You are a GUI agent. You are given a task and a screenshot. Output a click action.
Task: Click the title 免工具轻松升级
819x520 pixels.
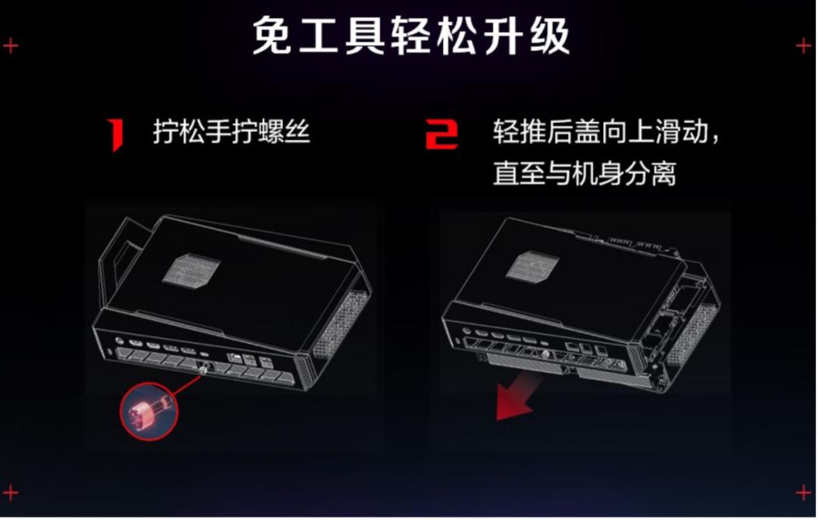tap(410, 36)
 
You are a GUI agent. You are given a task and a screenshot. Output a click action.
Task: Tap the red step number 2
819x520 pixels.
tap(441, 134)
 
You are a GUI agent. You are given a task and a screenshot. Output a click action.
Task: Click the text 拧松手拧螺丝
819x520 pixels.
tap(231, 131)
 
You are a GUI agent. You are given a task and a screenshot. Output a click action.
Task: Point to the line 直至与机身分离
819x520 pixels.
tap(585, 173)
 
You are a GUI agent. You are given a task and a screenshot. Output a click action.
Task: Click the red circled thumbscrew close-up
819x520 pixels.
tap(149, 411)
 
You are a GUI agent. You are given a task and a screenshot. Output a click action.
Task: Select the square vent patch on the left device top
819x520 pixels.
tap(190, 271)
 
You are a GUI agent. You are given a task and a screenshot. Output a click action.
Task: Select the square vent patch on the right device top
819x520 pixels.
tap(532, 265)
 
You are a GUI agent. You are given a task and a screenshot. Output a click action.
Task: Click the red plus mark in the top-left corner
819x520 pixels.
tap(11, 46)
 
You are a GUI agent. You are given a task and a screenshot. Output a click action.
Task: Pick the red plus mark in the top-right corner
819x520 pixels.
tap(803, 46)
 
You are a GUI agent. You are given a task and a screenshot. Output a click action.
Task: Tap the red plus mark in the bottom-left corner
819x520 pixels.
tap(11, 492)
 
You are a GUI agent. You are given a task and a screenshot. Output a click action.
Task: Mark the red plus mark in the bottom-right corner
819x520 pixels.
tap(803, 492)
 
